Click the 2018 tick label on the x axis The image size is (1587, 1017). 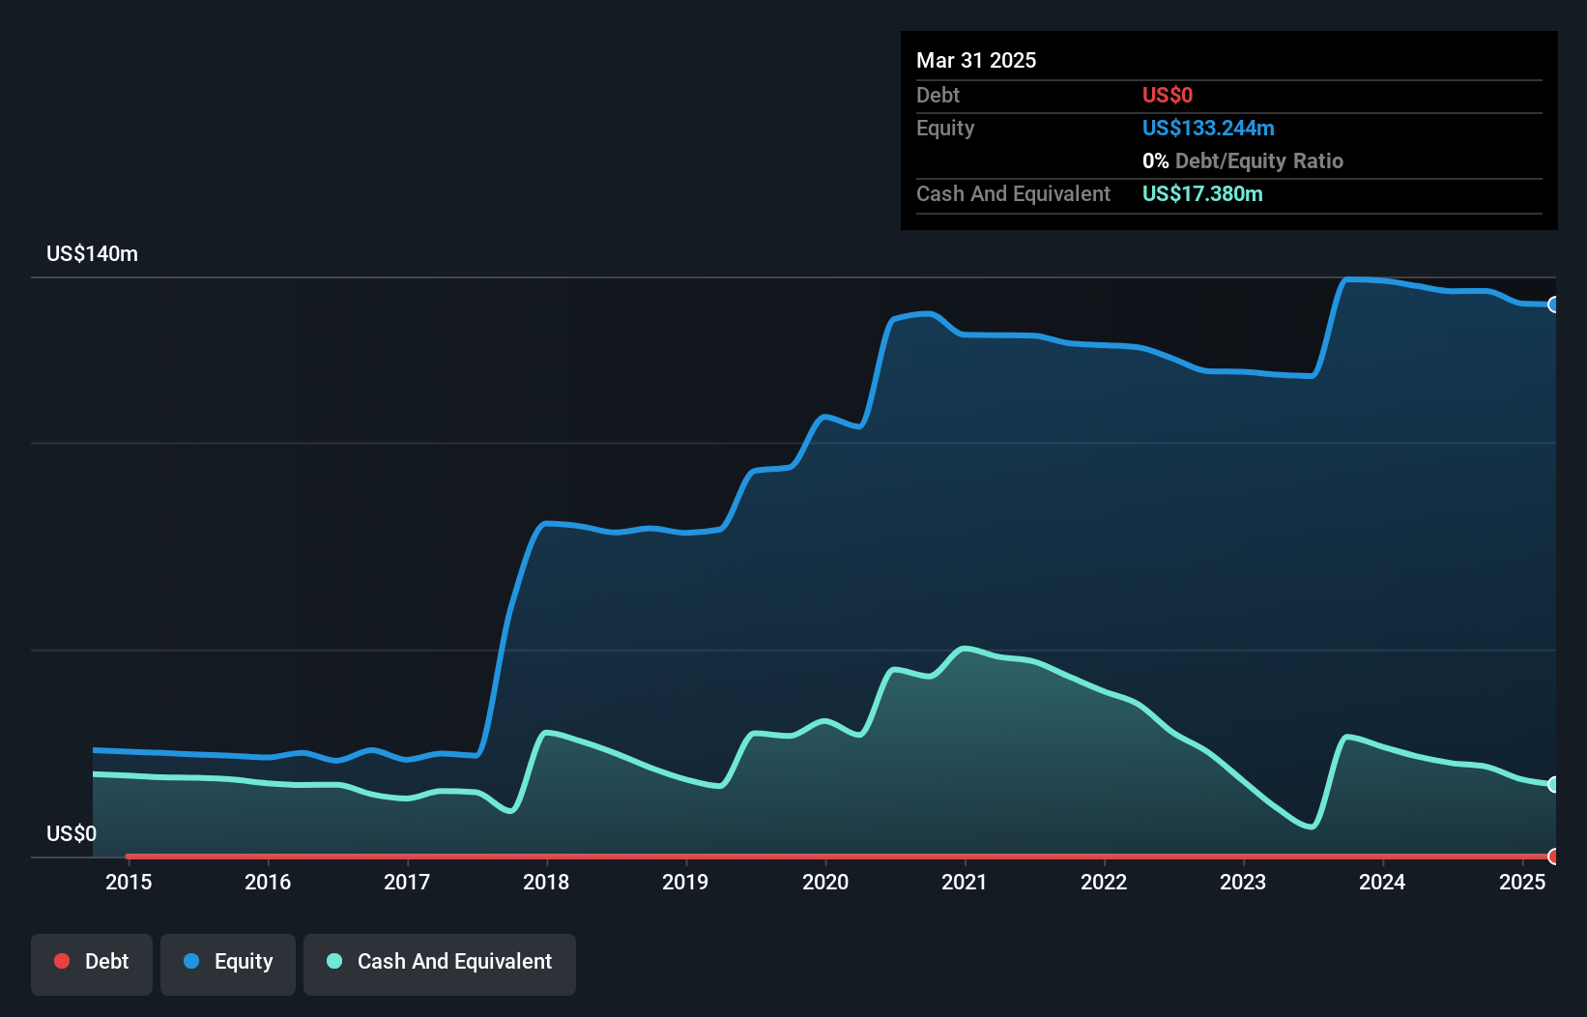546,882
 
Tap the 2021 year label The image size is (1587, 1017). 964,882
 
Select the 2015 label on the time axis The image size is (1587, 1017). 129,882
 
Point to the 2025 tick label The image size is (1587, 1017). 1521,882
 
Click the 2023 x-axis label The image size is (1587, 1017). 1243,882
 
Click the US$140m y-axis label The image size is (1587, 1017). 92,254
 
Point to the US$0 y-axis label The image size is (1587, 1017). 72,833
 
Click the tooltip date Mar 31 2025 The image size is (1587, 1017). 976,60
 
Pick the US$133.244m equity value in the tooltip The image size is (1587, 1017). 1208,129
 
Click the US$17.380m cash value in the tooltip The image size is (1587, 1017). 1202,194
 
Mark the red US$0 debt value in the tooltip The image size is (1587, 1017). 1168,95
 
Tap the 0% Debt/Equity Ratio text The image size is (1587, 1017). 1243,161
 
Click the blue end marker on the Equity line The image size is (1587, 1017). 1553,305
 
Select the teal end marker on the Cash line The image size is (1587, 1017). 1553,784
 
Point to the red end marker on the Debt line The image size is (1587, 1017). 1553,856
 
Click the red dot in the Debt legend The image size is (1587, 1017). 62,961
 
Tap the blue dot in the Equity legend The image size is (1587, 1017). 191,961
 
